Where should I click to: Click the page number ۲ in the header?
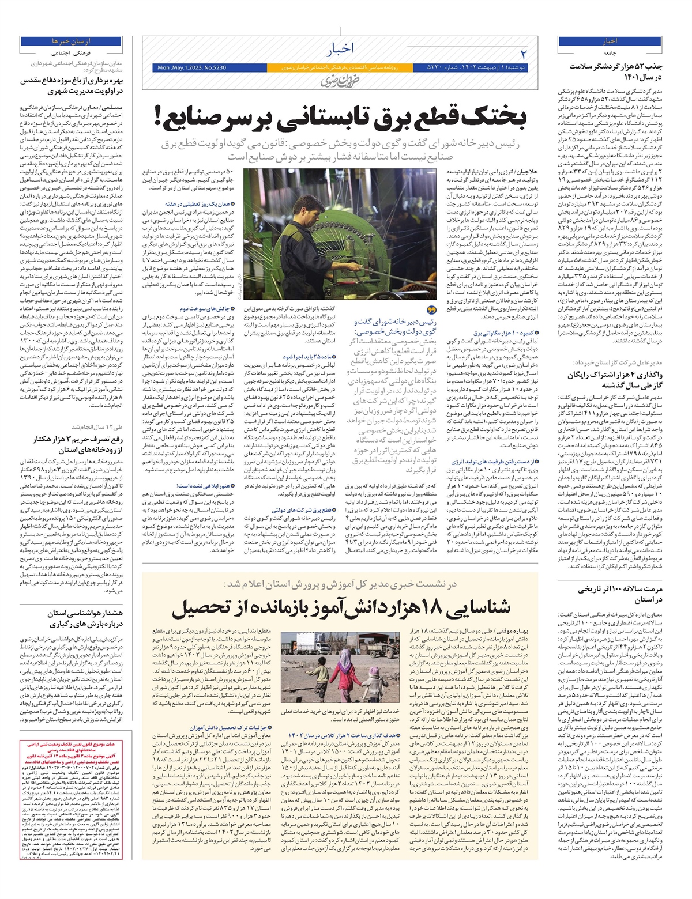click(x=524, y=54)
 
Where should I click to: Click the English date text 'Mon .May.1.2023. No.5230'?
click(x=191, y=68)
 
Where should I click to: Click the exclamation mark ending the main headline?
click(x=159, y=117)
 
